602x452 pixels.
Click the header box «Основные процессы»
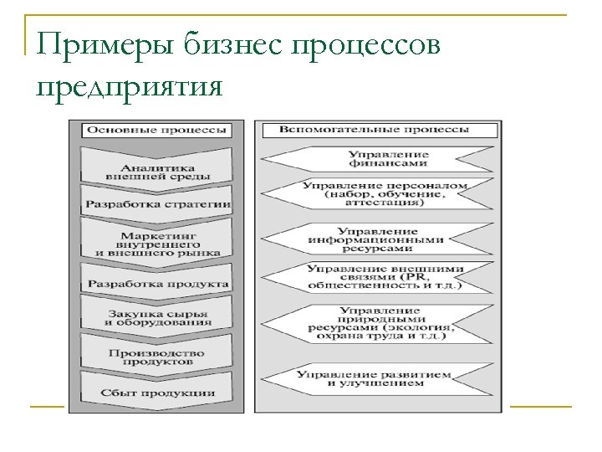pos(156,130)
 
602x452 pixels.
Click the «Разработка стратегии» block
pos(158,204)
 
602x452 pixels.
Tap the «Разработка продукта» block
pos(158,284)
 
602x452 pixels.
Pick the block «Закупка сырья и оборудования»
pos(158,318)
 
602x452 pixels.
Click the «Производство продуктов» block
pos(158,357)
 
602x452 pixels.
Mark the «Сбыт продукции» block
pos(158,393)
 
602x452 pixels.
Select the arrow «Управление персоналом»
pos(385,193)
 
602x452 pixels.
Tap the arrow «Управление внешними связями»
pos(385,277)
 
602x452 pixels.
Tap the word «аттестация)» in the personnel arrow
pos(385,203)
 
